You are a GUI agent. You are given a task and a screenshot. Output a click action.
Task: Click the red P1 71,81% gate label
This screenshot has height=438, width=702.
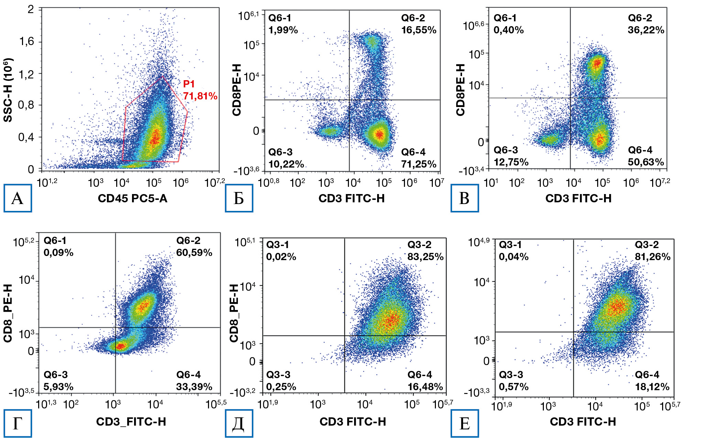[x=200, y=90]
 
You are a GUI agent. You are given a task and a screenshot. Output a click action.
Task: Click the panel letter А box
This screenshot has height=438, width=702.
[x=18, y=198]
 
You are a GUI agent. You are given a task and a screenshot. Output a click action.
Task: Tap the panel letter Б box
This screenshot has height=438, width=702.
[x=239, y=198]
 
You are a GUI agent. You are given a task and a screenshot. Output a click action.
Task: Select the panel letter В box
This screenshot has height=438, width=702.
[x=464, y=198]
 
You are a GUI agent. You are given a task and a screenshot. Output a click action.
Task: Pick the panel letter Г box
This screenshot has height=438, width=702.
[x=18, y=423]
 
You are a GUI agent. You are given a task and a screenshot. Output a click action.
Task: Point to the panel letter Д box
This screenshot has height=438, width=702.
[x=239, y=423]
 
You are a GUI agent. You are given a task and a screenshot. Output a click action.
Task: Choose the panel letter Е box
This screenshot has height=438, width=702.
[x=464, y=423]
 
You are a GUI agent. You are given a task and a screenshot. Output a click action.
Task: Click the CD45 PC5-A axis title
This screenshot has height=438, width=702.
[x=132, y=199]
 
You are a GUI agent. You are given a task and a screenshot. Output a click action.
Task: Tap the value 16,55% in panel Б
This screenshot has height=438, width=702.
[x=419, y=30]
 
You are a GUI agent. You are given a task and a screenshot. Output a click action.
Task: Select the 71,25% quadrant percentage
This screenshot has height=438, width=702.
[x=419, y=164]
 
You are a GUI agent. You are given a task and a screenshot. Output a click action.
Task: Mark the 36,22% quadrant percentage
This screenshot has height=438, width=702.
[x=646, y=30]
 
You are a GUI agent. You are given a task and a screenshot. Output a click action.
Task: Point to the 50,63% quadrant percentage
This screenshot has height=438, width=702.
[x=646, y=162]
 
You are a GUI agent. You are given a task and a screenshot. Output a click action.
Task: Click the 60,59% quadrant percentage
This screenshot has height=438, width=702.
[x=194, y=253]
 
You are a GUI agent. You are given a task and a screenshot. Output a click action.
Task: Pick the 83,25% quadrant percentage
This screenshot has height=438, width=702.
[x=426, y=257]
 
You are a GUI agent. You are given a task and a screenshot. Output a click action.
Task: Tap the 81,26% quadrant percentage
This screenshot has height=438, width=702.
[x=652, y=257]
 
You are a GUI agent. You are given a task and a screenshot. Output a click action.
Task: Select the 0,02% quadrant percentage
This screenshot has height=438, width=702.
[x=281, y=257]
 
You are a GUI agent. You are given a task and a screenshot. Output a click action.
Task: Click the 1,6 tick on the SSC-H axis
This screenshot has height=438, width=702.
[x=27, y=42]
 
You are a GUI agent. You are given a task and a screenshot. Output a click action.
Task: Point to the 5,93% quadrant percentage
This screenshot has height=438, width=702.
[x=58, y=387]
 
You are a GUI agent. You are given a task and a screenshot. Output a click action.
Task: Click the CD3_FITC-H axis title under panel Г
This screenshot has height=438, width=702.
[x=131, y=422]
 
